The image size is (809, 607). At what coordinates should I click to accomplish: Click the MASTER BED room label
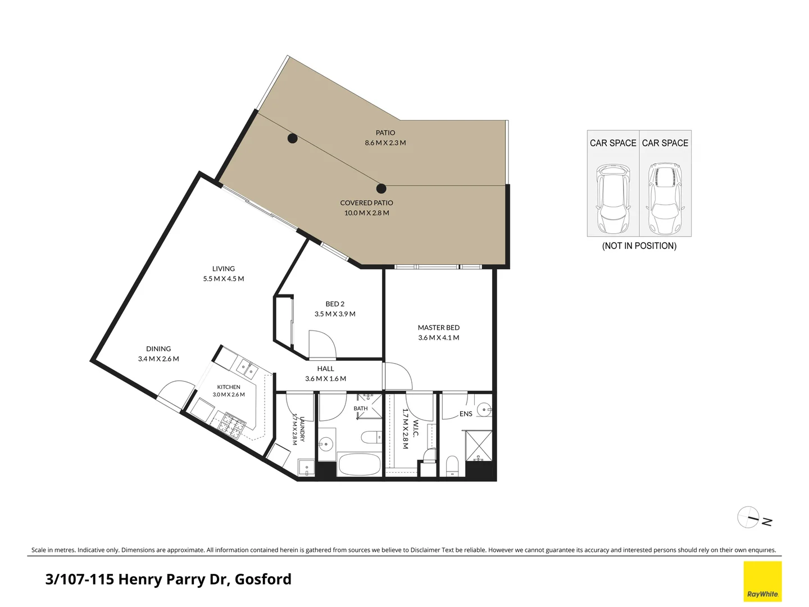(x=439, y=327)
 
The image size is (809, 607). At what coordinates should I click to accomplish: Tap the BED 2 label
(x=335, y=303)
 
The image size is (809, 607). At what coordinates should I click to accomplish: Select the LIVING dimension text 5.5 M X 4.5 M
(x=224, y=279)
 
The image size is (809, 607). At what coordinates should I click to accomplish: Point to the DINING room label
(x=158, y=348)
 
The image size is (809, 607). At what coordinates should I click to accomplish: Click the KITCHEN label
(x=229, y=387)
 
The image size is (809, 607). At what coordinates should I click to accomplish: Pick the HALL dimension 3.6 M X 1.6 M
(x=325, y=378)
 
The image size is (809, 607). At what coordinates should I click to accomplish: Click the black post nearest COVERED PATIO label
(x=381, y=189)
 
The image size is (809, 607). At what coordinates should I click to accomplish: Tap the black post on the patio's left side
(x=292, y=138)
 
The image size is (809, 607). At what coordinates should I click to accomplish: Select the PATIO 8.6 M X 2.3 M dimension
(x=385, y=143)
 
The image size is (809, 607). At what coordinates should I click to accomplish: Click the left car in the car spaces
(x=613, y=198)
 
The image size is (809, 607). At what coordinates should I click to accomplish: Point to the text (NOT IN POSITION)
(x=639, y=246)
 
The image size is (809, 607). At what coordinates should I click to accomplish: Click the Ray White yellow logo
(x=762, y=582)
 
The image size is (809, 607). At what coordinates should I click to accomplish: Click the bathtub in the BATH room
(x=360, y=464)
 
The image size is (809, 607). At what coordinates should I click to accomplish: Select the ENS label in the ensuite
(x=466, y=414)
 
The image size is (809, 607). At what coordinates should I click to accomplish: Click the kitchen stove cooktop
(x=232, y=426)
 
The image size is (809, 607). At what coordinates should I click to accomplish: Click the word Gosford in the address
(x=263, y=579)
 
